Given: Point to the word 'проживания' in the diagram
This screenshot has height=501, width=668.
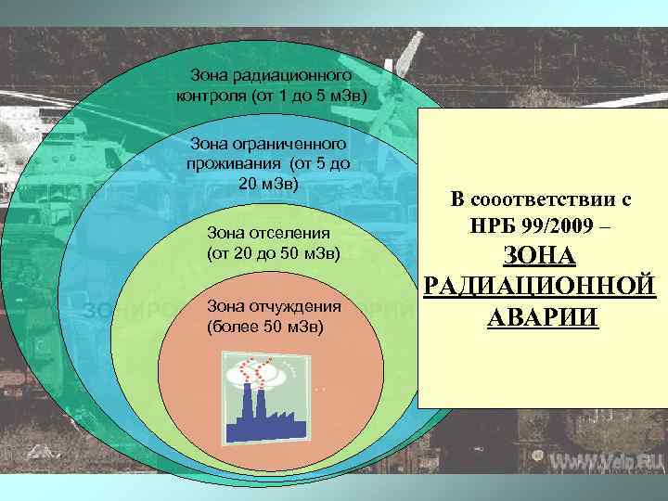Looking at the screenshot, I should (x=234, y=163).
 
